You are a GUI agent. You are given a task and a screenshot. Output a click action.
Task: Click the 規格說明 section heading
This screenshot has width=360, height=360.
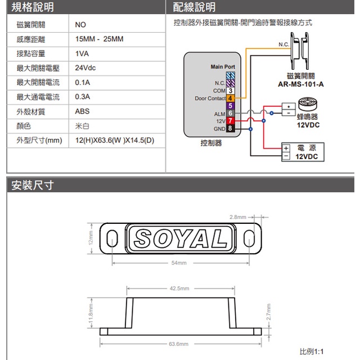click(x=33, y=7)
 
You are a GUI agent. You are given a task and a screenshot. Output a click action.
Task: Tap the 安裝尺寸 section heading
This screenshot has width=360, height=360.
click(x=33, y=184)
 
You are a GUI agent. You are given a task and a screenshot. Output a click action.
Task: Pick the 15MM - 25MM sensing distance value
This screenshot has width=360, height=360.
click(x=99, y=39)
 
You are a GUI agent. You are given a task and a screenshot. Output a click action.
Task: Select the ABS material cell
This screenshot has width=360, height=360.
click(x=82, y=111)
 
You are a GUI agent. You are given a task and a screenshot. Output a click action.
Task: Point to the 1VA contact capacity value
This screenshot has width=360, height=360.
click(x=82, y=54)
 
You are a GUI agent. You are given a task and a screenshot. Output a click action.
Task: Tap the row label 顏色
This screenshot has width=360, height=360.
click(x=24, y=126)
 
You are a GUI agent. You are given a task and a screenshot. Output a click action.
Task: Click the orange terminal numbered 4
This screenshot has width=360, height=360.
click(x=230, y=98)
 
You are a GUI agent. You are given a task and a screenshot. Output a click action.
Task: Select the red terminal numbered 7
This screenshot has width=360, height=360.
click(x=230, y=121)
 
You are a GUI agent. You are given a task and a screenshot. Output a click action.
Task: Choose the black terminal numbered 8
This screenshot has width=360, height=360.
click(x=230, y=129)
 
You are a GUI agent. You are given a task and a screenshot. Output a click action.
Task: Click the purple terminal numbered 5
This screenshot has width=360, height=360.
click(x=230, y=106)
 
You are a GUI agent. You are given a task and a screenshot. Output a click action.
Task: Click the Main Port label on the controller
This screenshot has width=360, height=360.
click(x=223, y=67)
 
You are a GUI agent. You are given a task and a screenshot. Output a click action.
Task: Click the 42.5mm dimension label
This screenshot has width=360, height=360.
click(x=179, y=289)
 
